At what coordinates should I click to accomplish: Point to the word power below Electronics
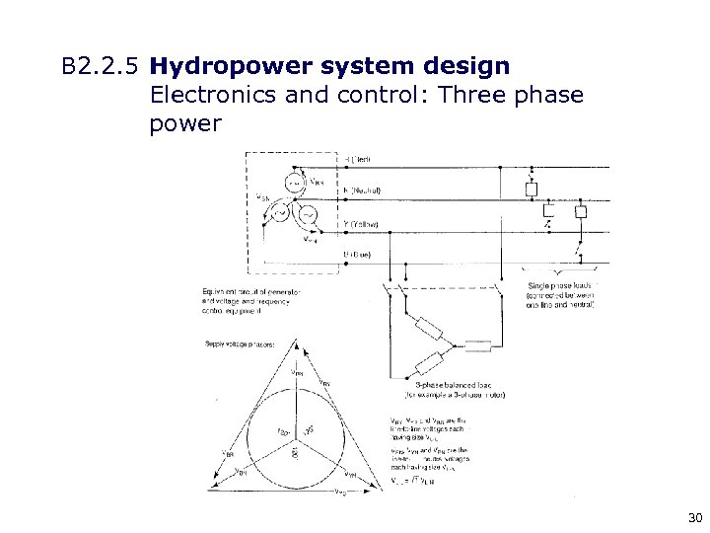click(185, 125)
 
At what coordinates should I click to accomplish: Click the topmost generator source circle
click(295, 182)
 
